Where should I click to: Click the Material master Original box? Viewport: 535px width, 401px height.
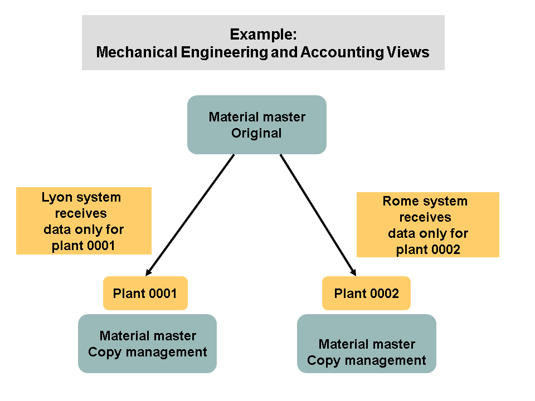coord(256,125)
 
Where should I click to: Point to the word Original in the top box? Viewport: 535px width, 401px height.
coord(256,134)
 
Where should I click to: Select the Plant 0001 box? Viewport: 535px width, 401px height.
coord(145,293)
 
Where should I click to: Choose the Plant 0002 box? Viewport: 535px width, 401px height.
coord(366,293)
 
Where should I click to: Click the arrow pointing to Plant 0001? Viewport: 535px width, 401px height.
coord(189,214)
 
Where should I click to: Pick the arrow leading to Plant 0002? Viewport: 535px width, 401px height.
coord(318,214)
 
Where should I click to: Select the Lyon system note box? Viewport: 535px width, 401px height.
coord(84,221)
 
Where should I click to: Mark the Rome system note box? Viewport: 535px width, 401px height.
coord(427,225)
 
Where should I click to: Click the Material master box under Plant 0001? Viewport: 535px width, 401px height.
coord(147,344)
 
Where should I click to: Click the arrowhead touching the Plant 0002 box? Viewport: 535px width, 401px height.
coord(353,272)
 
